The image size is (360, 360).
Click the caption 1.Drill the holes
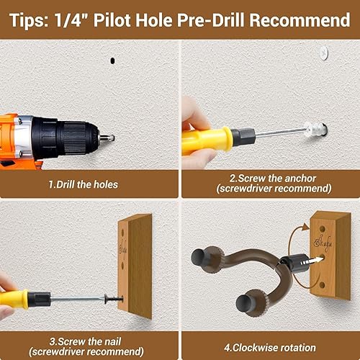click(x=83, y=184)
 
